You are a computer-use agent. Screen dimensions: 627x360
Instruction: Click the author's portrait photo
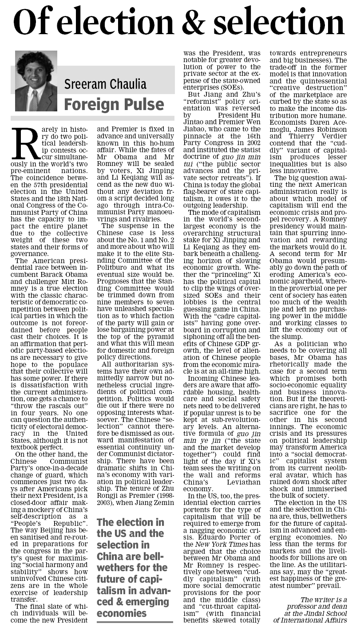pos(36,81)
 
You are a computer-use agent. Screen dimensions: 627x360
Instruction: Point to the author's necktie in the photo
pos(34,101)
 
